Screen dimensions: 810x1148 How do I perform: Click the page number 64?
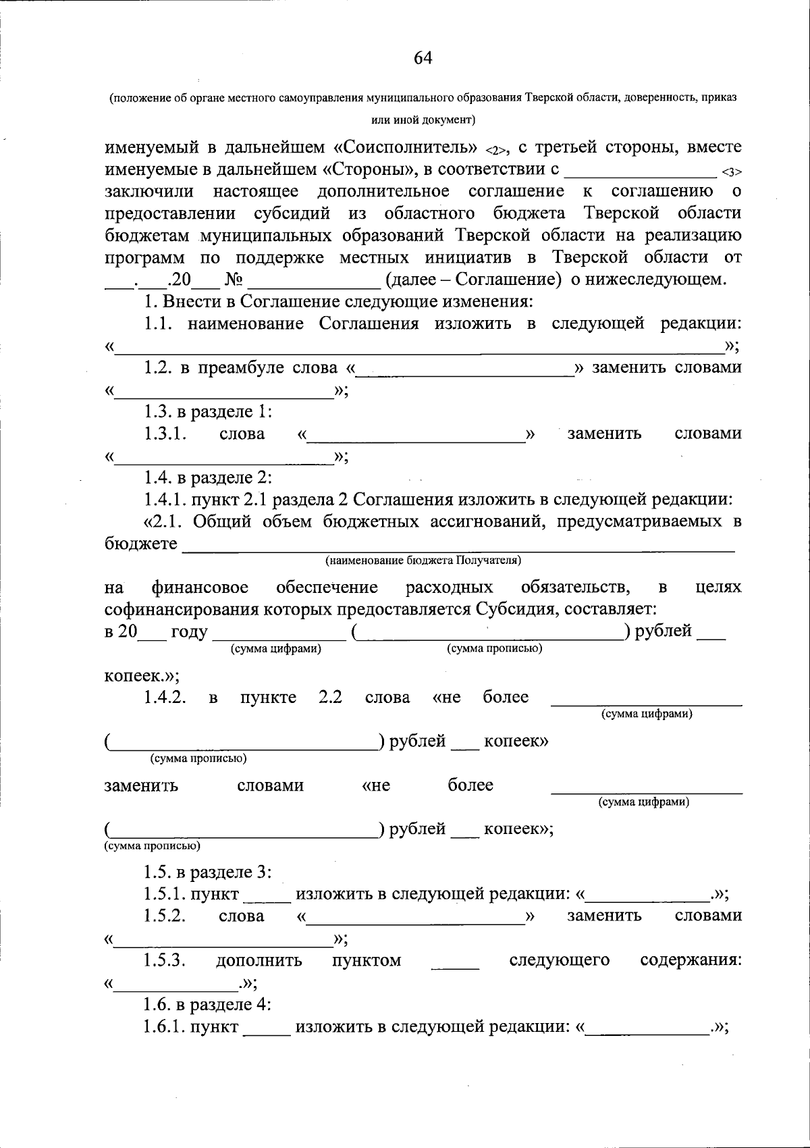click(423, 58)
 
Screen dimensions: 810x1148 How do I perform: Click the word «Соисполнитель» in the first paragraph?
click(406, 147)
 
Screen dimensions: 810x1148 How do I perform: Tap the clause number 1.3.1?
click(165, 434)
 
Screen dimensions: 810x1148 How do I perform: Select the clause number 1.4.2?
click(165, 698)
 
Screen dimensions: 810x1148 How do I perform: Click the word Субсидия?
click(517, 609)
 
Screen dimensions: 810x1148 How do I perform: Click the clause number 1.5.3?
click(165, 960)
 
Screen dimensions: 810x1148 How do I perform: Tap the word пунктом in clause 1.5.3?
click(367, 960)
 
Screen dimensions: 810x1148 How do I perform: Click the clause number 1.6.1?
click(165, 1027)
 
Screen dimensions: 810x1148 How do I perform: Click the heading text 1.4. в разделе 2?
click(208, 478)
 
